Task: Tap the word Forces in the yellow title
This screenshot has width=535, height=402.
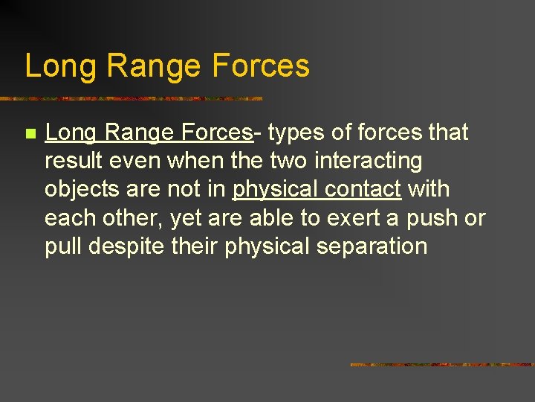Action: click(x=260, y=66)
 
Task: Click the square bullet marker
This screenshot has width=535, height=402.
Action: click(x=30, y=134)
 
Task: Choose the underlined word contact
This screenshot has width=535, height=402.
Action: click(x=365, y=189)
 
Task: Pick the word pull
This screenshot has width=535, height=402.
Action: click(x=62, y=246)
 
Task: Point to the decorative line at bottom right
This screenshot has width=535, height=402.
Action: click(x=441, y=365)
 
